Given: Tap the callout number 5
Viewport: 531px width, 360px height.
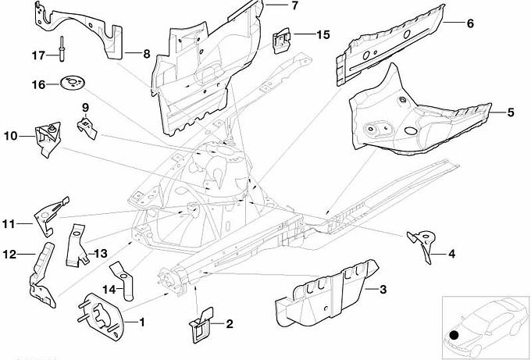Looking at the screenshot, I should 510,112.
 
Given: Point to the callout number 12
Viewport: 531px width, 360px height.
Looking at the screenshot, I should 10,254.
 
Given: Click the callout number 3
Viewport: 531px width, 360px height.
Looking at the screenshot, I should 383,290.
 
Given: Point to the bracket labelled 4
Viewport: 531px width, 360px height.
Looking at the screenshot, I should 422,244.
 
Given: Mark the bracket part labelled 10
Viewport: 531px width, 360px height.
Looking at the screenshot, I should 46,138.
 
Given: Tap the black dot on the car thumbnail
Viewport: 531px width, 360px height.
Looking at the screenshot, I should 454,338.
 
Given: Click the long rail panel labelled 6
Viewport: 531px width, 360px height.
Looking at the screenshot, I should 390,39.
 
